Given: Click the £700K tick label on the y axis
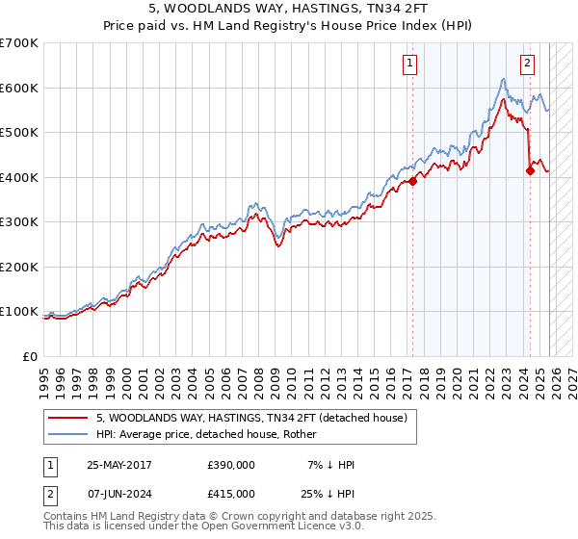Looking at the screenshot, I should (19, 43).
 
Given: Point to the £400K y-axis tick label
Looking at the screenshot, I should (19, 177).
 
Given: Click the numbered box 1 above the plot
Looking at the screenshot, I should (410, 64).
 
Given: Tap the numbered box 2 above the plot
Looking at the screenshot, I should (528, 64).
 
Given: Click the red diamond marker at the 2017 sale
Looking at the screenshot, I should (412, 181).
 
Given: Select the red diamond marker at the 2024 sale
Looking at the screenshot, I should (531, 170).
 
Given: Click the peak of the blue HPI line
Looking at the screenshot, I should (504, 79).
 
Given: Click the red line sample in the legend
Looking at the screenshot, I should (67, 418).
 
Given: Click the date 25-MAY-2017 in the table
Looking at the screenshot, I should (118, 465).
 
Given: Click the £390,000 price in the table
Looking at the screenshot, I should (230, 465).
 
